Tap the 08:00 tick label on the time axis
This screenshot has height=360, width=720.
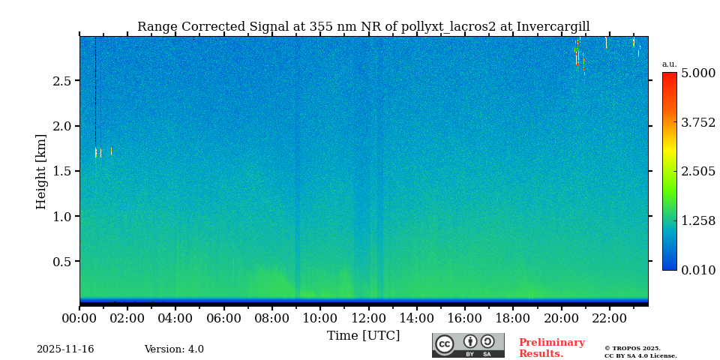click(271, 319)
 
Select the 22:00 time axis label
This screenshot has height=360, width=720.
click(609, 319)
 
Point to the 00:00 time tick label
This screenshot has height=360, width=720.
click(79, 319)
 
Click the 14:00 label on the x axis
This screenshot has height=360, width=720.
click(416, 319)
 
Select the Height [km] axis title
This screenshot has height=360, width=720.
click(41, 172)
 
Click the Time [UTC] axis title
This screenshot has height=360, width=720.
click(363, 336)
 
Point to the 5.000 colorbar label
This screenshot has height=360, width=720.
click(697, 73)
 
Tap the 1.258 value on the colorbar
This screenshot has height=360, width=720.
click(697, 220)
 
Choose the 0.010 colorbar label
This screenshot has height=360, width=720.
click(697, 270)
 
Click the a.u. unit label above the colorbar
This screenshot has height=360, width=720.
click(669, 64)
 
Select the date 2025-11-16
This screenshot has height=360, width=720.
click(65, 349)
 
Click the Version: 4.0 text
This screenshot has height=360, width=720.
click(174, 349)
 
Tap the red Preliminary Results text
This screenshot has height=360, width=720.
click(551, 348)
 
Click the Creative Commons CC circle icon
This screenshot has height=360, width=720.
click(445, 344)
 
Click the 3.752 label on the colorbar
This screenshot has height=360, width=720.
click(697, 123)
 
